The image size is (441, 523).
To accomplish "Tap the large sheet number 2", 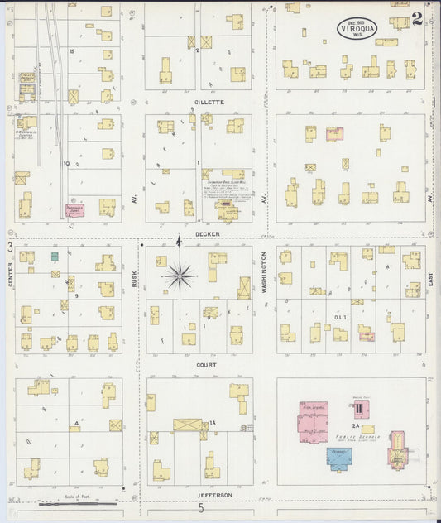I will coord(417,19).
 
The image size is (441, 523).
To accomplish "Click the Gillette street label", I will coord(209,102).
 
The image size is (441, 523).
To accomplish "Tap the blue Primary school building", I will coord(339,457).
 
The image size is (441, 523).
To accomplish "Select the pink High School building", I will coord(313,418).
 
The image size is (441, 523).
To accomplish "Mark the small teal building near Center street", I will coord(55,257).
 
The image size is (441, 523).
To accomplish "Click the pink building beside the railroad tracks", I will coord(79,211).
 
